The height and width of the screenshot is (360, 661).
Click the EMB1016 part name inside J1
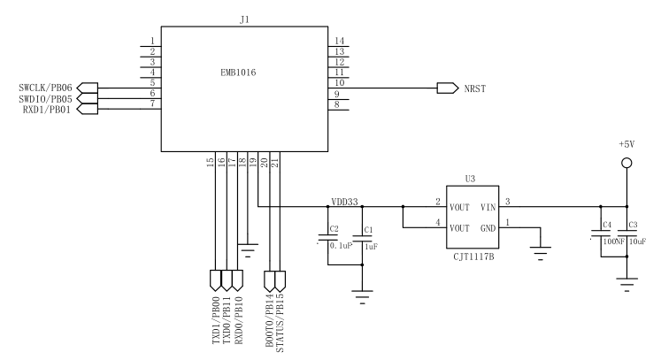click(x=238, y=73)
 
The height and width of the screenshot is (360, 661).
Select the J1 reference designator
click(x=244, y=19)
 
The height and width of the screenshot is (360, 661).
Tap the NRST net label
click(x=475, y=89)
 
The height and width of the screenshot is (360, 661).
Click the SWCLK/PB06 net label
click(x=45, y=88)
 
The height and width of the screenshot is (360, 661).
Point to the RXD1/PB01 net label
click(x=47, y=110)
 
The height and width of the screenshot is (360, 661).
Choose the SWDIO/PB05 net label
click(x=45, y=99)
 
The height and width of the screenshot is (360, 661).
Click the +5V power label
click(x=626, y=144)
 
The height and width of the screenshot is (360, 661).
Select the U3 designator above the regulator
click(x=470, y=179)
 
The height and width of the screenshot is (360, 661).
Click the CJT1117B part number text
click(x=473, y=257)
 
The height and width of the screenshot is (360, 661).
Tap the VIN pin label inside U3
click(x=488, y=207)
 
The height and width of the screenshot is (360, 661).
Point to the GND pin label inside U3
click(x=488, y=228)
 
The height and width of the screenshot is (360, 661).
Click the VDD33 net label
click(x=344, y=202)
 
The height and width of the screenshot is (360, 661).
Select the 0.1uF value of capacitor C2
click(x=341, y=246)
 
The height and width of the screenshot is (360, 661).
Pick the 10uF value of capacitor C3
click(x=637, y=241)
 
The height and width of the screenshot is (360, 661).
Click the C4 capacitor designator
click(x=607, y=225)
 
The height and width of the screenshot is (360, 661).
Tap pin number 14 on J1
click(x=340, y=41)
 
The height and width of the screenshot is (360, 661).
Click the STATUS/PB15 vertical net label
click(x=280, y=323)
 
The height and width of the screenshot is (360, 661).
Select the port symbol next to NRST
click(x=448, y=88)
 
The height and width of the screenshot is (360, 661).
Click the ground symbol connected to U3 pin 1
click(x=541, y=254)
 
